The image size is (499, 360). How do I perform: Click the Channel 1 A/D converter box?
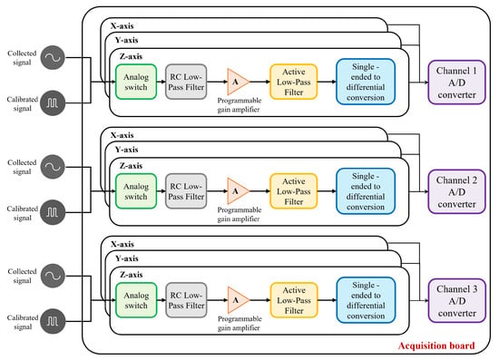[x=456, y=83]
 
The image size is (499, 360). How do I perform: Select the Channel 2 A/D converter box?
[x=456, y=191]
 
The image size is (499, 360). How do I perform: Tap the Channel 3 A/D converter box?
[x=457, y=301]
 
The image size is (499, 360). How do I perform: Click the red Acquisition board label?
[x=436, y=345]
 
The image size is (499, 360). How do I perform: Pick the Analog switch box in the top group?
[x=136, y=82]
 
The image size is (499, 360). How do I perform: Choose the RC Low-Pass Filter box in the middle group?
[x=186, y=191]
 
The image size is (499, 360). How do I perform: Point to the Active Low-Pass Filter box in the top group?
[x=293, y=82]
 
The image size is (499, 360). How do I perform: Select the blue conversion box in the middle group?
[x=366, y=191]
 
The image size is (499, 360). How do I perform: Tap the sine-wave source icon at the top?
[x=53, y=57]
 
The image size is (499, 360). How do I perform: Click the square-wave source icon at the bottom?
[x=53, y=321]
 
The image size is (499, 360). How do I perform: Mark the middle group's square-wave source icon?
[x=53, y=212]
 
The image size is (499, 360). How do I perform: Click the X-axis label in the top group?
[x=122, y=25]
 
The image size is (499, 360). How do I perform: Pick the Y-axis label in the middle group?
[x=127, y=149]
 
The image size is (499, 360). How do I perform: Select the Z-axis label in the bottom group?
[x=132, y=275]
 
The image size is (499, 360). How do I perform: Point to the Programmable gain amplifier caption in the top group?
[x=239, y=105]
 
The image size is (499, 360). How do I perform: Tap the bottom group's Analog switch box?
[x=136, y=300]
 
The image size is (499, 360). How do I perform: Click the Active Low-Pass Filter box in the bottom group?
[x=294, y=300]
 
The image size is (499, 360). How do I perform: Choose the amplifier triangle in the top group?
[x=238, y=82]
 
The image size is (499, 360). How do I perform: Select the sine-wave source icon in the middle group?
[x=53, y=167]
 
